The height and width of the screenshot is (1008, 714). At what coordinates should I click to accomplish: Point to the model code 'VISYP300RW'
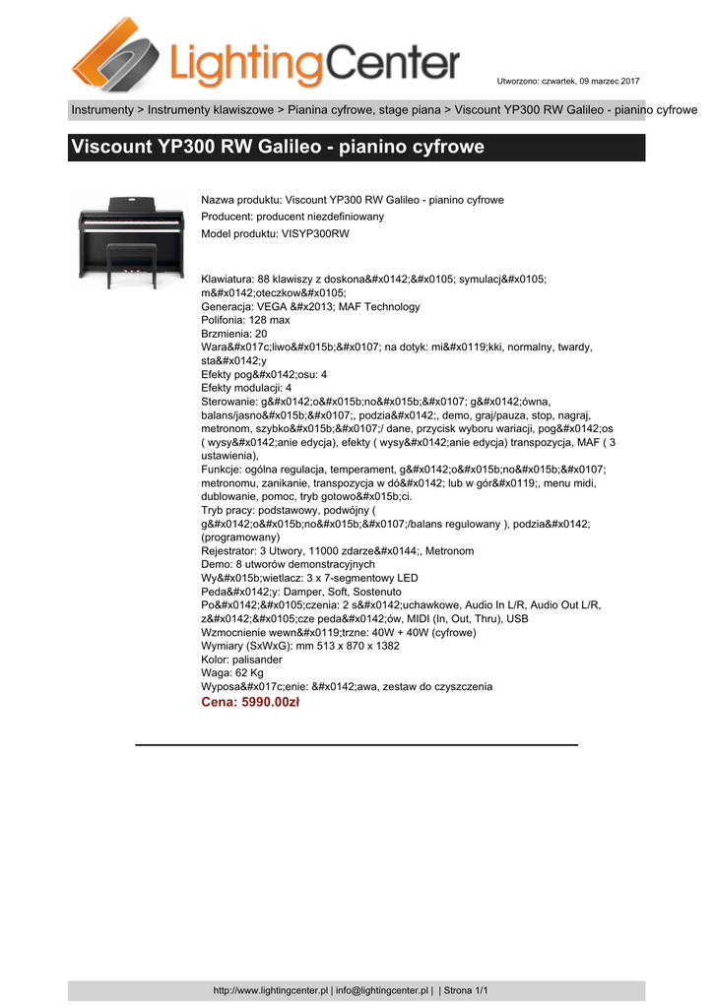pos(315,233)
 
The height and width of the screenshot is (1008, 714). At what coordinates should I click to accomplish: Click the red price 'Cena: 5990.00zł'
pos(249,703)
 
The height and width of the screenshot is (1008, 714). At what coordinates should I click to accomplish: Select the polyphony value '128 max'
pos(268,320)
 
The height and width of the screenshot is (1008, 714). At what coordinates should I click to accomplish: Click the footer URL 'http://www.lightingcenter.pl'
pos(271,990)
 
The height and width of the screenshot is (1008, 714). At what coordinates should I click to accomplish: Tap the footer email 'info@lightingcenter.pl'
pos(382,990)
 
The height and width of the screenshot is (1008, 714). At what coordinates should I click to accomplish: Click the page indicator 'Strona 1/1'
pos(466,990)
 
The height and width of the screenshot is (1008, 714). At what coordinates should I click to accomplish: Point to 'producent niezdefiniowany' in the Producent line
pos(320,217)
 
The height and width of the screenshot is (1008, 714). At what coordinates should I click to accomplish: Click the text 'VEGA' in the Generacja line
pos(274,306)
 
